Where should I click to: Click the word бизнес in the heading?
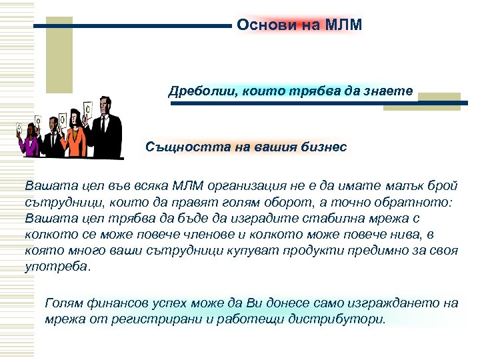pyautogui.click(x=323, y=147)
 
